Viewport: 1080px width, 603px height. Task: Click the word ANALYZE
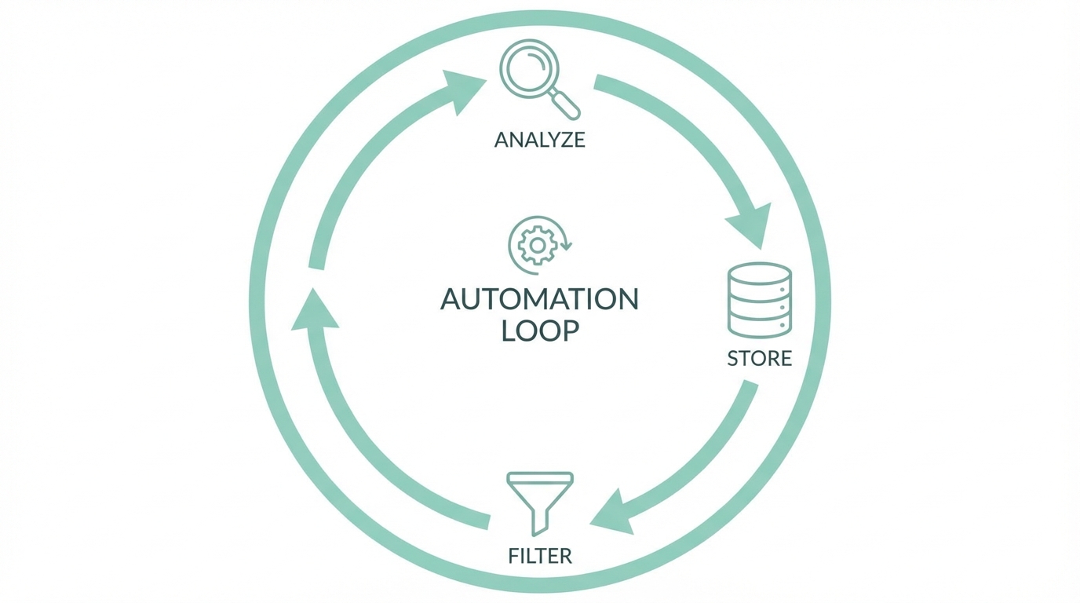[539, 140]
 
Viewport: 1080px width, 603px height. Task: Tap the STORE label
[759, 359]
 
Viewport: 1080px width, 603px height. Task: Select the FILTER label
[540, 557]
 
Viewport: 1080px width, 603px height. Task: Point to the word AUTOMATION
[539, 299]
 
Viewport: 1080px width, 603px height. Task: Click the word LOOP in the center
[540, 331]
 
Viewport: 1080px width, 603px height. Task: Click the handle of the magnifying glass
[565, 104]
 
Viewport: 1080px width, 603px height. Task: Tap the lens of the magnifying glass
[529, 69]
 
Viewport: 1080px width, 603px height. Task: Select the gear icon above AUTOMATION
[537, 246]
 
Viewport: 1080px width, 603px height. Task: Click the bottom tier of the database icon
[760, 323]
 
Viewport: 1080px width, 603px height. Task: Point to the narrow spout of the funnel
[540, 521]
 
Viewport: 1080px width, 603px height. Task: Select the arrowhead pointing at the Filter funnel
[613, 514]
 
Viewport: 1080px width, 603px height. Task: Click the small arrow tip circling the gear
[567, 246]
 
